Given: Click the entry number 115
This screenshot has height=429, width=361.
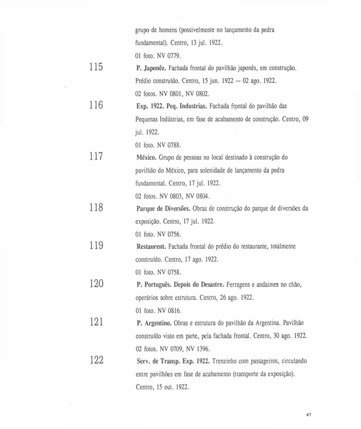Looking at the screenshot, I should point(96,67).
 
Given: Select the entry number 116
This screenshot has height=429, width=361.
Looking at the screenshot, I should point(96,105).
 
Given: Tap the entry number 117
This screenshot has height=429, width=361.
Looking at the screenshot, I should point(96,156).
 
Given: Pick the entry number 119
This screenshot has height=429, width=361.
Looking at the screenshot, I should point(96,245).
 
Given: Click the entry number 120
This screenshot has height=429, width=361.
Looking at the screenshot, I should point(96,284).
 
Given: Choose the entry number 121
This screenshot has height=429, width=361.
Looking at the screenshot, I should point(96,322).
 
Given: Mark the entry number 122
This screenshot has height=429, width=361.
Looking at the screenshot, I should point(96,360).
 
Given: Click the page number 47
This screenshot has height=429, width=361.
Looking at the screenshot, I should point(309,415).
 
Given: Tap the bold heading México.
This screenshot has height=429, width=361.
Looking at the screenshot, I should point(147,158).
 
